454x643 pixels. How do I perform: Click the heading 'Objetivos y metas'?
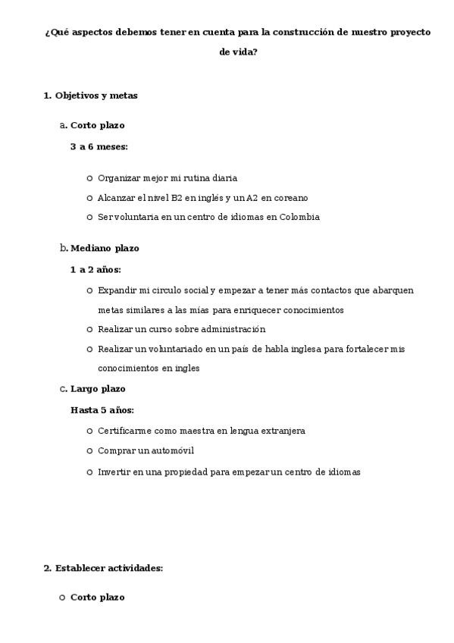click(96, 96)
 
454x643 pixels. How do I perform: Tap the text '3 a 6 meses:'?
click(99, 146)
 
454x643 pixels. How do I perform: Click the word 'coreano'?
click(290, 197)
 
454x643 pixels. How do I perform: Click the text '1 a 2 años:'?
click(95, 269)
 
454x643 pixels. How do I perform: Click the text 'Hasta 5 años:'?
click(102, 410)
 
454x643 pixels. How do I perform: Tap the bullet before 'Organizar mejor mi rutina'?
click(89, 178)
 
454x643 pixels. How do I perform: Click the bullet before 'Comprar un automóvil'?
click(89, 450)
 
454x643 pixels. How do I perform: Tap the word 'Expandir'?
click(116, 290)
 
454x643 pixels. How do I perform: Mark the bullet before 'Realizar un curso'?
click(89, 329)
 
